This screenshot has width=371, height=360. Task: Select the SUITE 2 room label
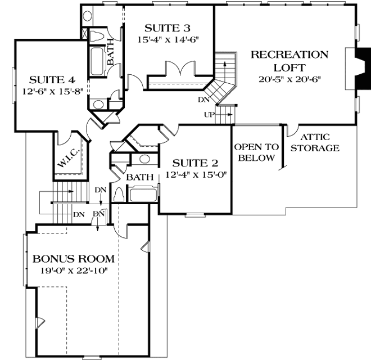click(195, 164)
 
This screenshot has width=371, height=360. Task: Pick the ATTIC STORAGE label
click(319, 142)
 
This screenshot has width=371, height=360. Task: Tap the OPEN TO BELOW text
click(256, 152)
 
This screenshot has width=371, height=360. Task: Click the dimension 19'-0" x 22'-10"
click(73, 271)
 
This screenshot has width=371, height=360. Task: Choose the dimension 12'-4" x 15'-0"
click(195, 175)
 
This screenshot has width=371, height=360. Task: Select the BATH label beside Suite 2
click(139, 178)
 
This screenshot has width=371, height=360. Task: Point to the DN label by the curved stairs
click(203, 101)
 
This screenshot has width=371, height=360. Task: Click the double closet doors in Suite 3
click(180, 72)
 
